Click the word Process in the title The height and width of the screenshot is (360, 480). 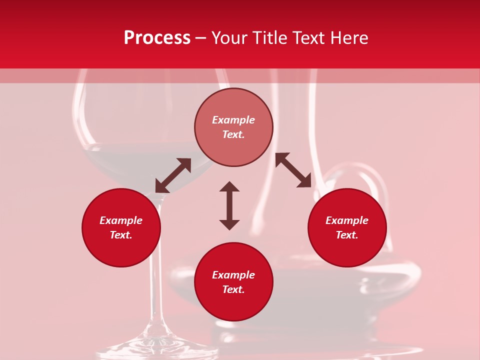(157, 38)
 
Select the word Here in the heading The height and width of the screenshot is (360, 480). (349, 38)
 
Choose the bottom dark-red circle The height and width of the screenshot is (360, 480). (233, 305)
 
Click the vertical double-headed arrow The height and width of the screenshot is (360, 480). (229, 205)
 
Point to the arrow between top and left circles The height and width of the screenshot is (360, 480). (173, 175)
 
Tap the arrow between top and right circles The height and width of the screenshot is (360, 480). (293, 170)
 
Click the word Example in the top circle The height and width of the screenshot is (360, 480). (233, 120)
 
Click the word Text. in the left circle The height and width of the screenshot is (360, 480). (121, 235)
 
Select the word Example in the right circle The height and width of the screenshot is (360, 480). (347, 220)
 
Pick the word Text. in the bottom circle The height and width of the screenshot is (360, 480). (233, 289)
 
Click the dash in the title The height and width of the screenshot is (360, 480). (200, 38)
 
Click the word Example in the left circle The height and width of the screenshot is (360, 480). (121, 220)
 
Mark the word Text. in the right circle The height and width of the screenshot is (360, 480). (347, 235)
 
